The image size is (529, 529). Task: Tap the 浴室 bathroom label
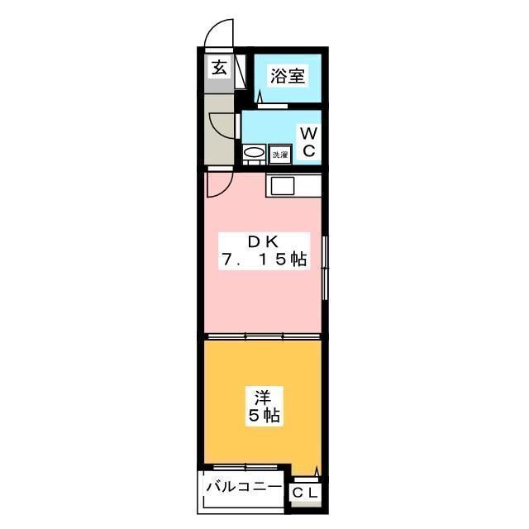pyautogui.click(x=288, y=75)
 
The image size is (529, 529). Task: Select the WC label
pyautogui.click(x=308, y=142)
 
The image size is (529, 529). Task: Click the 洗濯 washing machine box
pyautogui.click(x=280, y=155)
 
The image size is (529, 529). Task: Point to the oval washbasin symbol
pyautogui.click(x=254, y=153)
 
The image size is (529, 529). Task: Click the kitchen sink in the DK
pyautogui.click(x=283, y=186)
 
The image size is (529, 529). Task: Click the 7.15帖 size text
pyautogui.click(x=264, y=260)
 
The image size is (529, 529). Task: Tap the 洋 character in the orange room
pyautogui.click(x=263, y=397)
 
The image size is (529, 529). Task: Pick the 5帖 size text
pyautogui.click(x=264, y=416)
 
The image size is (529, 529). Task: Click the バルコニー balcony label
pyautogui.click(x=244, y=487)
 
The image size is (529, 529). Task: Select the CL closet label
pyautogui.click(x=305, y=493)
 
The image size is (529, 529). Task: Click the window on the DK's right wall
pyautogui.click(x=325, y=268)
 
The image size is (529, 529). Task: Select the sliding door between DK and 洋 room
pyautogui.click(x=263, y=336)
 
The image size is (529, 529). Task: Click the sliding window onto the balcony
pyautogui.click(x=245, y=467)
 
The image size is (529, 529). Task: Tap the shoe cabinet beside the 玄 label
pyautogui.click(x=241, y=71)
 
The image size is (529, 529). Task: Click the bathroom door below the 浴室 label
pyautogui.click(x=273, y=106)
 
